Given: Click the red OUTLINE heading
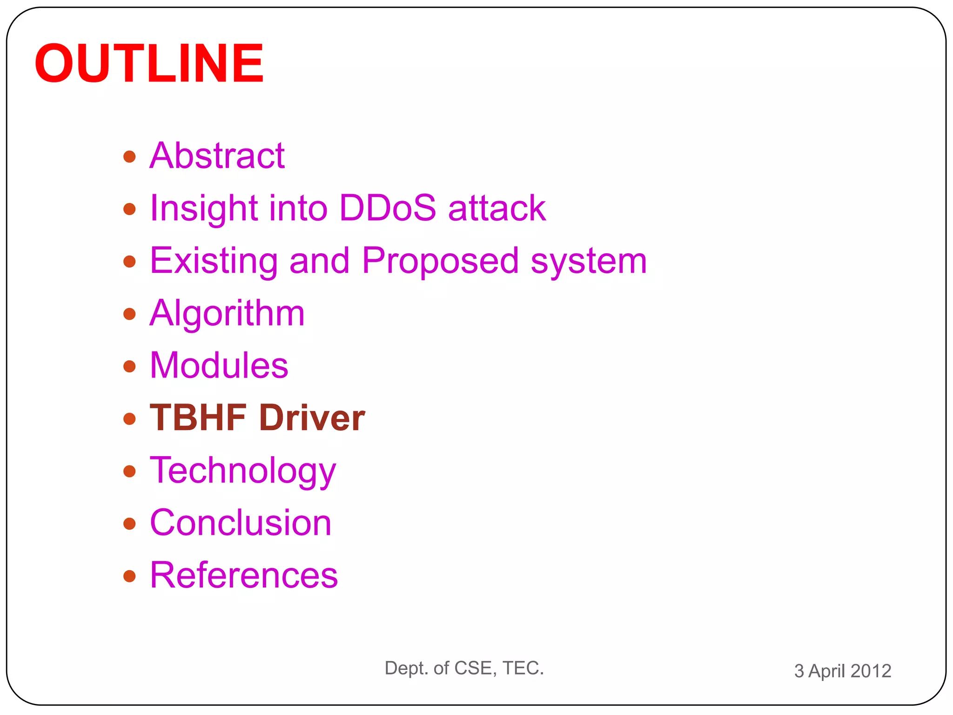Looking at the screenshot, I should (149, 63).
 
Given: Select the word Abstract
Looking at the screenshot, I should (217, 155).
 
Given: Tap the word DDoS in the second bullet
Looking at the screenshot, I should (388, 208).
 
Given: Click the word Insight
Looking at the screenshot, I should (203, 208).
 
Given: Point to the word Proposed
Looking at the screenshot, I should (440, 261).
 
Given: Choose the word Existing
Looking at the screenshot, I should (214, 261).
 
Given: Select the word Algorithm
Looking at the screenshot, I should (227, 313).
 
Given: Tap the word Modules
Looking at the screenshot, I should (219, 366).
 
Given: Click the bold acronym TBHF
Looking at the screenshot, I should (198, 418).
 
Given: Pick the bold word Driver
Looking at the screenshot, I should (312, 418).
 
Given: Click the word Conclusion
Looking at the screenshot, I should (240, 523).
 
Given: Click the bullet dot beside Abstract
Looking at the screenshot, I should (129, 157).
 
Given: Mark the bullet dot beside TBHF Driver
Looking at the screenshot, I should (129, 419).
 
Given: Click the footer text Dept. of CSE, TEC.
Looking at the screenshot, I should (464, 668).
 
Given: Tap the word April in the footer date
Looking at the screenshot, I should (826, 671).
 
